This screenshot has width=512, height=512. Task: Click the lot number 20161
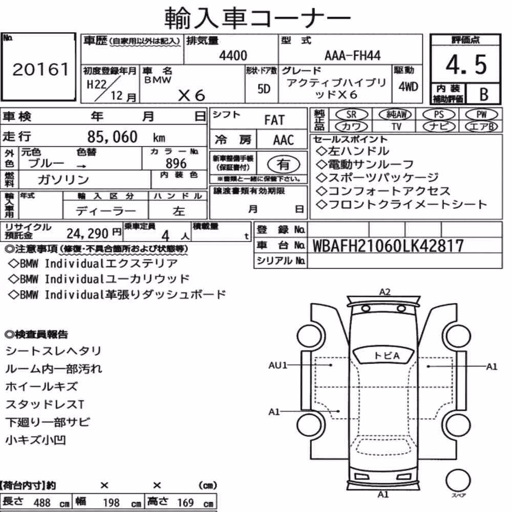click(x=40, y=69)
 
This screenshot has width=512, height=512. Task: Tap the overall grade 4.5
click(x=466, y=65)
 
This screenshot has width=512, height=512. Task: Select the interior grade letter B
click(x=484, y=94)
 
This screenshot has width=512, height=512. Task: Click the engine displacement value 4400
click(x=233, y=55)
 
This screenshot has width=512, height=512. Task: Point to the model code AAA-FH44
click(x=352, y=55)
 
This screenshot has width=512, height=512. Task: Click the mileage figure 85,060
click(x=112, y=137)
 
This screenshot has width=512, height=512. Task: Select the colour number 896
click(x=176, y=163)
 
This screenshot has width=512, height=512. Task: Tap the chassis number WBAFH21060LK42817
click(x=388, y=246)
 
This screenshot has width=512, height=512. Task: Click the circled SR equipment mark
click(x=351, y=115)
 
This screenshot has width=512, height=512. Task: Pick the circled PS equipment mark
click(x=439, y=115)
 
